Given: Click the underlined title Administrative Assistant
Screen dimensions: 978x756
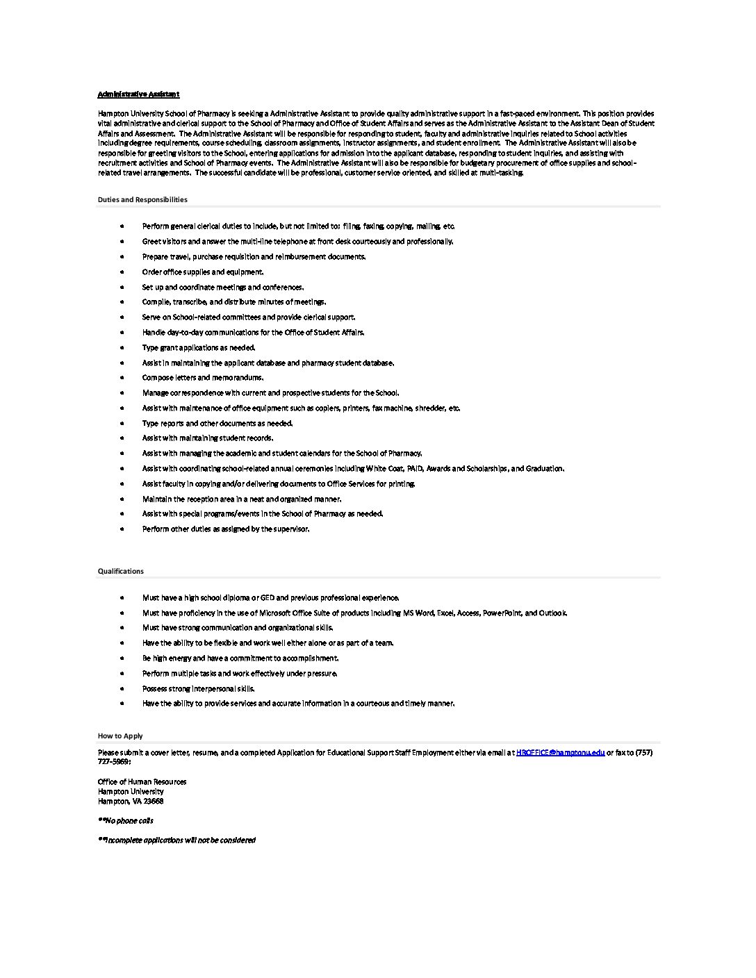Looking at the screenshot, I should (x=138, y=94).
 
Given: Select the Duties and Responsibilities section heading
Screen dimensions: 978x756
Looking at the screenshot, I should (x=142, y=199).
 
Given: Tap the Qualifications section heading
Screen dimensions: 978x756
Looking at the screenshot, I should (x=121, y=571).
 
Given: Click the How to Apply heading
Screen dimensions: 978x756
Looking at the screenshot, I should (x=120, y=736).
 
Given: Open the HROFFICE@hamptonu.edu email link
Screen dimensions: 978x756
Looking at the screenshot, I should (x=560, y=752).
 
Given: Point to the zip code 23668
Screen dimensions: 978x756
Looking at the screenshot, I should (x=154, y=801).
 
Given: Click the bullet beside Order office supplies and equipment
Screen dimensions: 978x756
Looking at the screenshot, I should (x=122, y=272).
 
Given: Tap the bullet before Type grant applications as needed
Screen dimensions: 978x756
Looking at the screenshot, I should (x=122, y=348).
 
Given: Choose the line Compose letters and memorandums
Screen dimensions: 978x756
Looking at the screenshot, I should (x=203, y=378).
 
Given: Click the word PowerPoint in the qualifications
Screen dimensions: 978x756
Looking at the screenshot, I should (x=502, y=613).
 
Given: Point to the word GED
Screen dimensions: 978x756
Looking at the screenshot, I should (x=268, y=598).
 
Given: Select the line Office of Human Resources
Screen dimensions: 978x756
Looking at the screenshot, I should (x=142, y=781).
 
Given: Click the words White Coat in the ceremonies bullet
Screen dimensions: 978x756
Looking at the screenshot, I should (x=385, y=469).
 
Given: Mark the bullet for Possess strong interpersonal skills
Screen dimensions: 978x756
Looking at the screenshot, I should (x=122, y=689).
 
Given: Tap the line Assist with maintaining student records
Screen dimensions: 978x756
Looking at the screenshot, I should (x=208, y=438).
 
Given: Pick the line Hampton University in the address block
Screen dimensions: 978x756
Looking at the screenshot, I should (x=131, y=791).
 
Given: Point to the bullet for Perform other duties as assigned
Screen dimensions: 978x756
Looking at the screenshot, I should (x=122, y=529).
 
